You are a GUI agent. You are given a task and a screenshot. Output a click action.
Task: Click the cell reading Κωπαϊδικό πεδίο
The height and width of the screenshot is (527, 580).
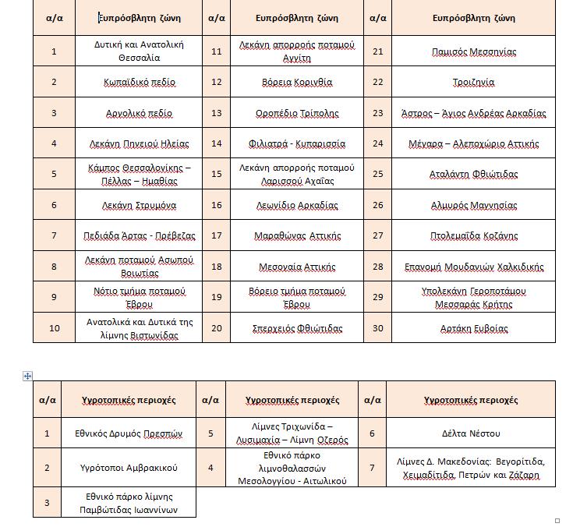tap(140, 82)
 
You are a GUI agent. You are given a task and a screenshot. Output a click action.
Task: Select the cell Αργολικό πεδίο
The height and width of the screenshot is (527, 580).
tap(140, 113)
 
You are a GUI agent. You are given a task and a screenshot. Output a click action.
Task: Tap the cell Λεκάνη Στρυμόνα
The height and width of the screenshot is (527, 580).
tap(140, 206)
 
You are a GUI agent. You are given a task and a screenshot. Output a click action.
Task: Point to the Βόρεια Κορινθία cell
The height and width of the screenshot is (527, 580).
tap(296, 82)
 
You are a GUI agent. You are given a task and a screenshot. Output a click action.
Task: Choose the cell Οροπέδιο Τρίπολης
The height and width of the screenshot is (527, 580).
tap(296, 113)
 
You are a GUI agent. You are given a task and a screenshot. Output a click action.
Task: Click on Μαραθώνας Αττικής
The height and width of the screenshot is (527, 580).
tap(296, 235)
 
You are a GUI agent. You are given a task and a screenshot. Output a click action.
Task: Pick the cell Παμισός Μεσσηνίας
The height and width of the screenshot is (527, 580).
tap(473, 51)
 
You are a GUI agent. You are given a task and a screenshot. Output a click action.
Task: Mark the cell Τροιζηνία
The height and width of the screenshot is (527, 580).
tap(473, 82)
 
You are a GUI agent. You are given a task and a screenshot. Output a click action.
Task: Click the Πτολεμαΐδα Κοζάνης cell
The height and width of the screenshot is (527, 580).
tap(473, 235)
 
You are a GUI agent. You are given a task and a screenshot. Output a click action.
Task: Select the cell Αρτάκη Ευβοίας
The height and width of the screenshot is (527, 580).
tap(473, 328)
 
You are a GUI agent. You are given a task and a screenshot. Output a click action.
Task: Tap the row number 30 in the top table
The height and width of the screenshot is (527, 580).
tap(378, 328)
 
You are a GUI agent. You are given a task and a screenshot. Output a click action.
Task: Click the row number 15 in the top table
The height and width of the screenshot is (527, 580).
tap(217, 174)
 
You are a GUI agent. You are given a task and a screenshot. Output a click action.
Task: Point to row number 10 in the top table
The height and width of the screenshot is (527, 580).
tap(54, 328)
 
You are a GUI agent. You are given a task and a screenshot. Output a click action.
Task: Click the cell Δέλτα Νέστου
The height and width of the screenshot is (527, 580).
tap(470, 433)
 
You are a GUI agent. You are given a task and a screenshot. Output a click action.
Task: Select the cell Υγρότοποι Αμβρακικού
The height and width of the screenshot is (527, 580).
tap(129, 468)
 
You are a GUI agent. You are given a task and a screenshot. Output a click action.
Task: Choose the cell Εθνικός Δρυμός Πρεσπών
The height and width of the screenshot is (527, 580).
tap(129, 433)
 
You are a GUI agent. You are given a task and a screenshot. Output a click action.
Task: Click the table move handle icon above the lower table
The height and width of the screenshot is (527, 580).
tap(28, 376)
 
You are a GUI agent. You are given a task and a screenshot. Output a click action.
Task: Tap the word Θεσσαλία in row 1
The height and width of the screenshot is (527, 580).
tap(139, 58)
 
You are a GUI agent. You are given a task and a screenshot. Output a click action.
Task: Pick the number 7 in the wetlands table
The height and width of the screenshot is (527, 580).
tap(372, 468)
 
